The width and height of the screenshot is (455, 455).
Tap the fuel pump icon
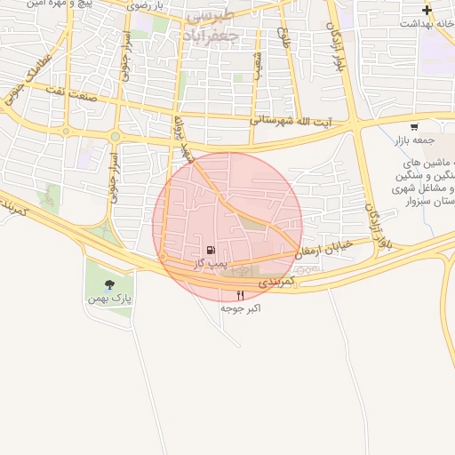tap(211, 251)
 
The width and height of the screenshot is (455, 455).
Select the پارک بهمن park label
tap(109, 299)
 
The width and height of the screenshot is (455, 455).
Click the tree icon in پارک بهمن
tap(109, 285)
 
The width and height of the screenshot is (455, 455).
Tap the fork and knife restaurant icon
tap(239, 295)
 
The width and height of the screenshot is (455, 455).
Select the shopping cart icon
tap(414, 126)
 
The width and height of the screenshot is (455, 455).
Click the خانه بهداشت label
tap(426, 24)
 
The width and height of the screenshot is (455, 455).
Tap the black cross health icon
tap(427, 11)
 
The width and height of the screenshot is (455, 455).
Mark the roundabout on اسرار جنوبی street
tap(116, 136)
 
